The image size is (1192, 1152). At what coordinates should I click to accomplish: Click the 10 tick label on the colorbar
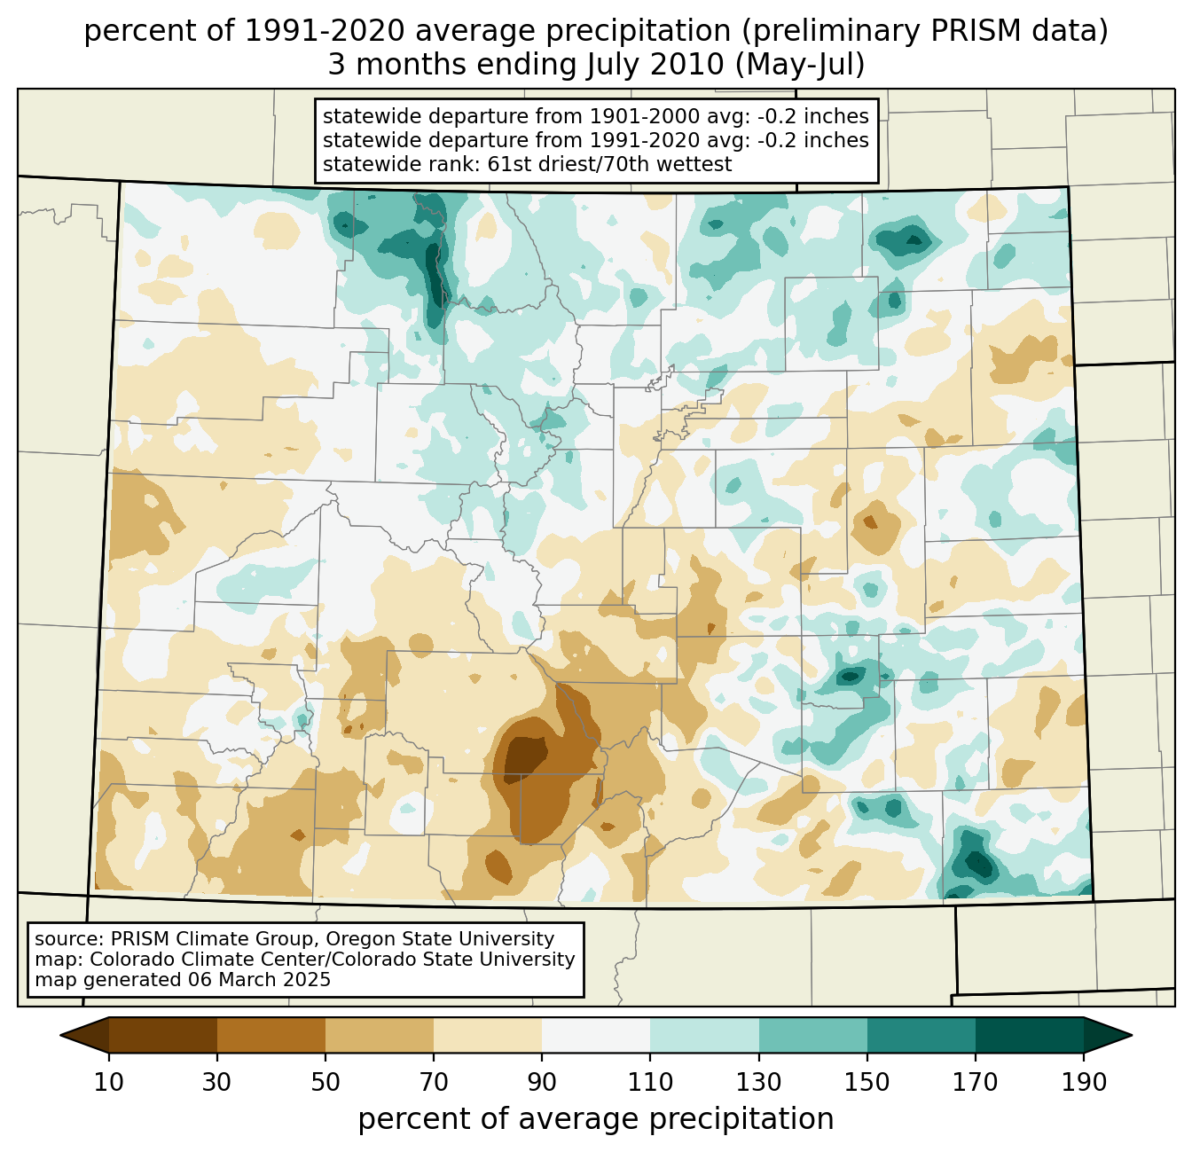point(109,1082)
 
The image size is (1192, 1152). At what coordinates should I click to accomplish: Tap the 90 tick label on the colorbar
point(542,1082)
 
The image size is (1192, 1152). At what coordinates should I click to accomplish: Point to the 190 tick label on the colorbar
point(1084,1082)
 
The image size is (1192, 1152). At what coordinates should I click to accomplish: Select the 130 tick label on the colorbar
point(759,1082)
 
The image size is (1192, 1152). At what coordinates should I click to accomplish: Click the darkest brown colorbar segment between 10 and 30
point(163,1035)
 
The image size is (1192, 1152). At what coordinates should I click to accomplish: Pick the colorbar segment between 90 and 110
point(596,1035)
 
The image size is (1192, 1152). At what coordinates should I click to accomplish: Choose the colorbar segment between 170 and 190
point(1030,1035)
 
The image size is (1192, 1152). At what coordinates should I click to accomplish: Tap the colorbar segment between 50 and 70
point(380,1035)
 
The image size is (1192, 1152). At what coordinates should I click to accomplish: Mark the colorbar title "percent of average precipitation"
point(596,1119)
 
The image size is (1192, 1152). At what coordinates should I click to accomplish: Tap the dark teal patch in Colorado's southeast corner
point(977,862)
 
